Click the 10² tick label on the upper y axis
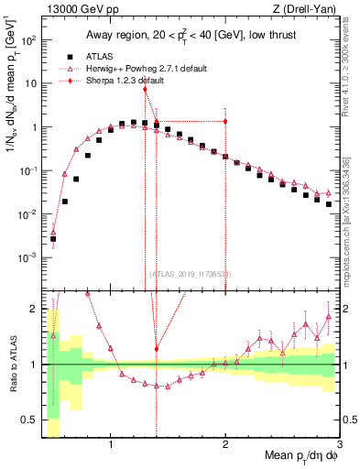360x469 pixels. (x=31, y=41)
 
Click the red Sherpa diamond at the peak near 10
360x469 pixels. (x=145, y=89)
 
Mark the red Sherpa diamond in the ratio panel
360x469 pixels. (x=157, y=349)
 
